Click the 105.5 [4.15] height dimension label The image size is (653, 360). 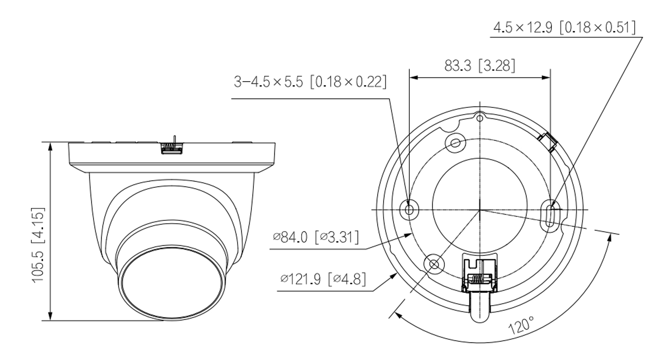[38, 245]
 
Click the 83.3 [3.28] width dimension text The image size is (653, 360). [480, 65]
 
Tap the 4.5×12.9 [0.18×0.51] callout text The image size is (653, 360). [564, 28]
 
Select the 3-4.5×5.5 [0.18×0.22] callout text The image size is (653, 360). [310, 82]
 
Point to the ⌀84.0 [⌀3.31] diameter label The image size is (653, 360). [316, 237]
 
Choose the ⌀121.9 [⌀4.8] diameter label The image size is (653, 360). [323, 279]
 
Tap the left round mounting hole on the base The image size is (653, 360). [410, 209]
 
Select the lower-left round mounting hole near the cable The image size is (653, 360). [434, 264]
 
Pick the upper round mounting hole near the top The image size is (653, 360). [455, 142]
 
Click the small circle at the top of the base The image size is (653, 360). [480, 118]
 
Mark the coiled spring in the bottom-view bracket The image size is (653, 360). [479, 279]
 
